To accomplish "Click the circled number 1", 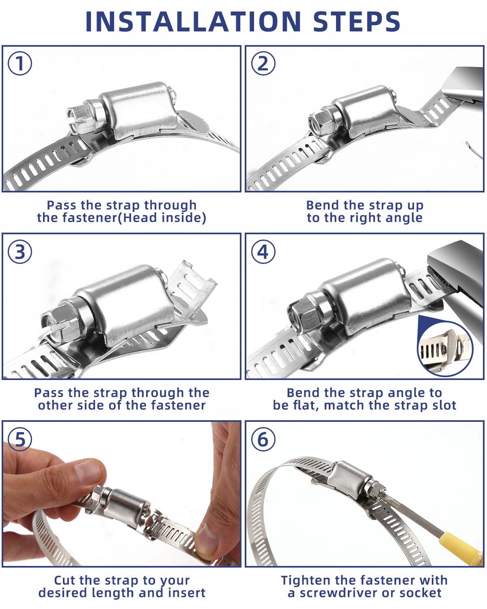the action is (20, 63).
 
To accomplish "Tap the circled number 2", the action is (263, 63).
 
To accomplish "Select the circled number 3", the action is (20, 252).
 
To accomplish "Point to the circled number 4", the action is (263, 252).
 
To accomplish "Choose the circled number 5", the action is (20, 439).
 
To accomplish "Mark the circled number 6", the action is (263, 439).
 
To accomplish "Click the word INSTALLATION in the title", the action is (193, 22).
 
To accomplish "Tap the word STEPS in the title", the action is (357, 22).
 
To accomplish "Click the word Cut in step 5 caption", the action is (65, 580).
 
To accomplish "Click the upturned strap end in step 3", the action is (194, 286).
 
